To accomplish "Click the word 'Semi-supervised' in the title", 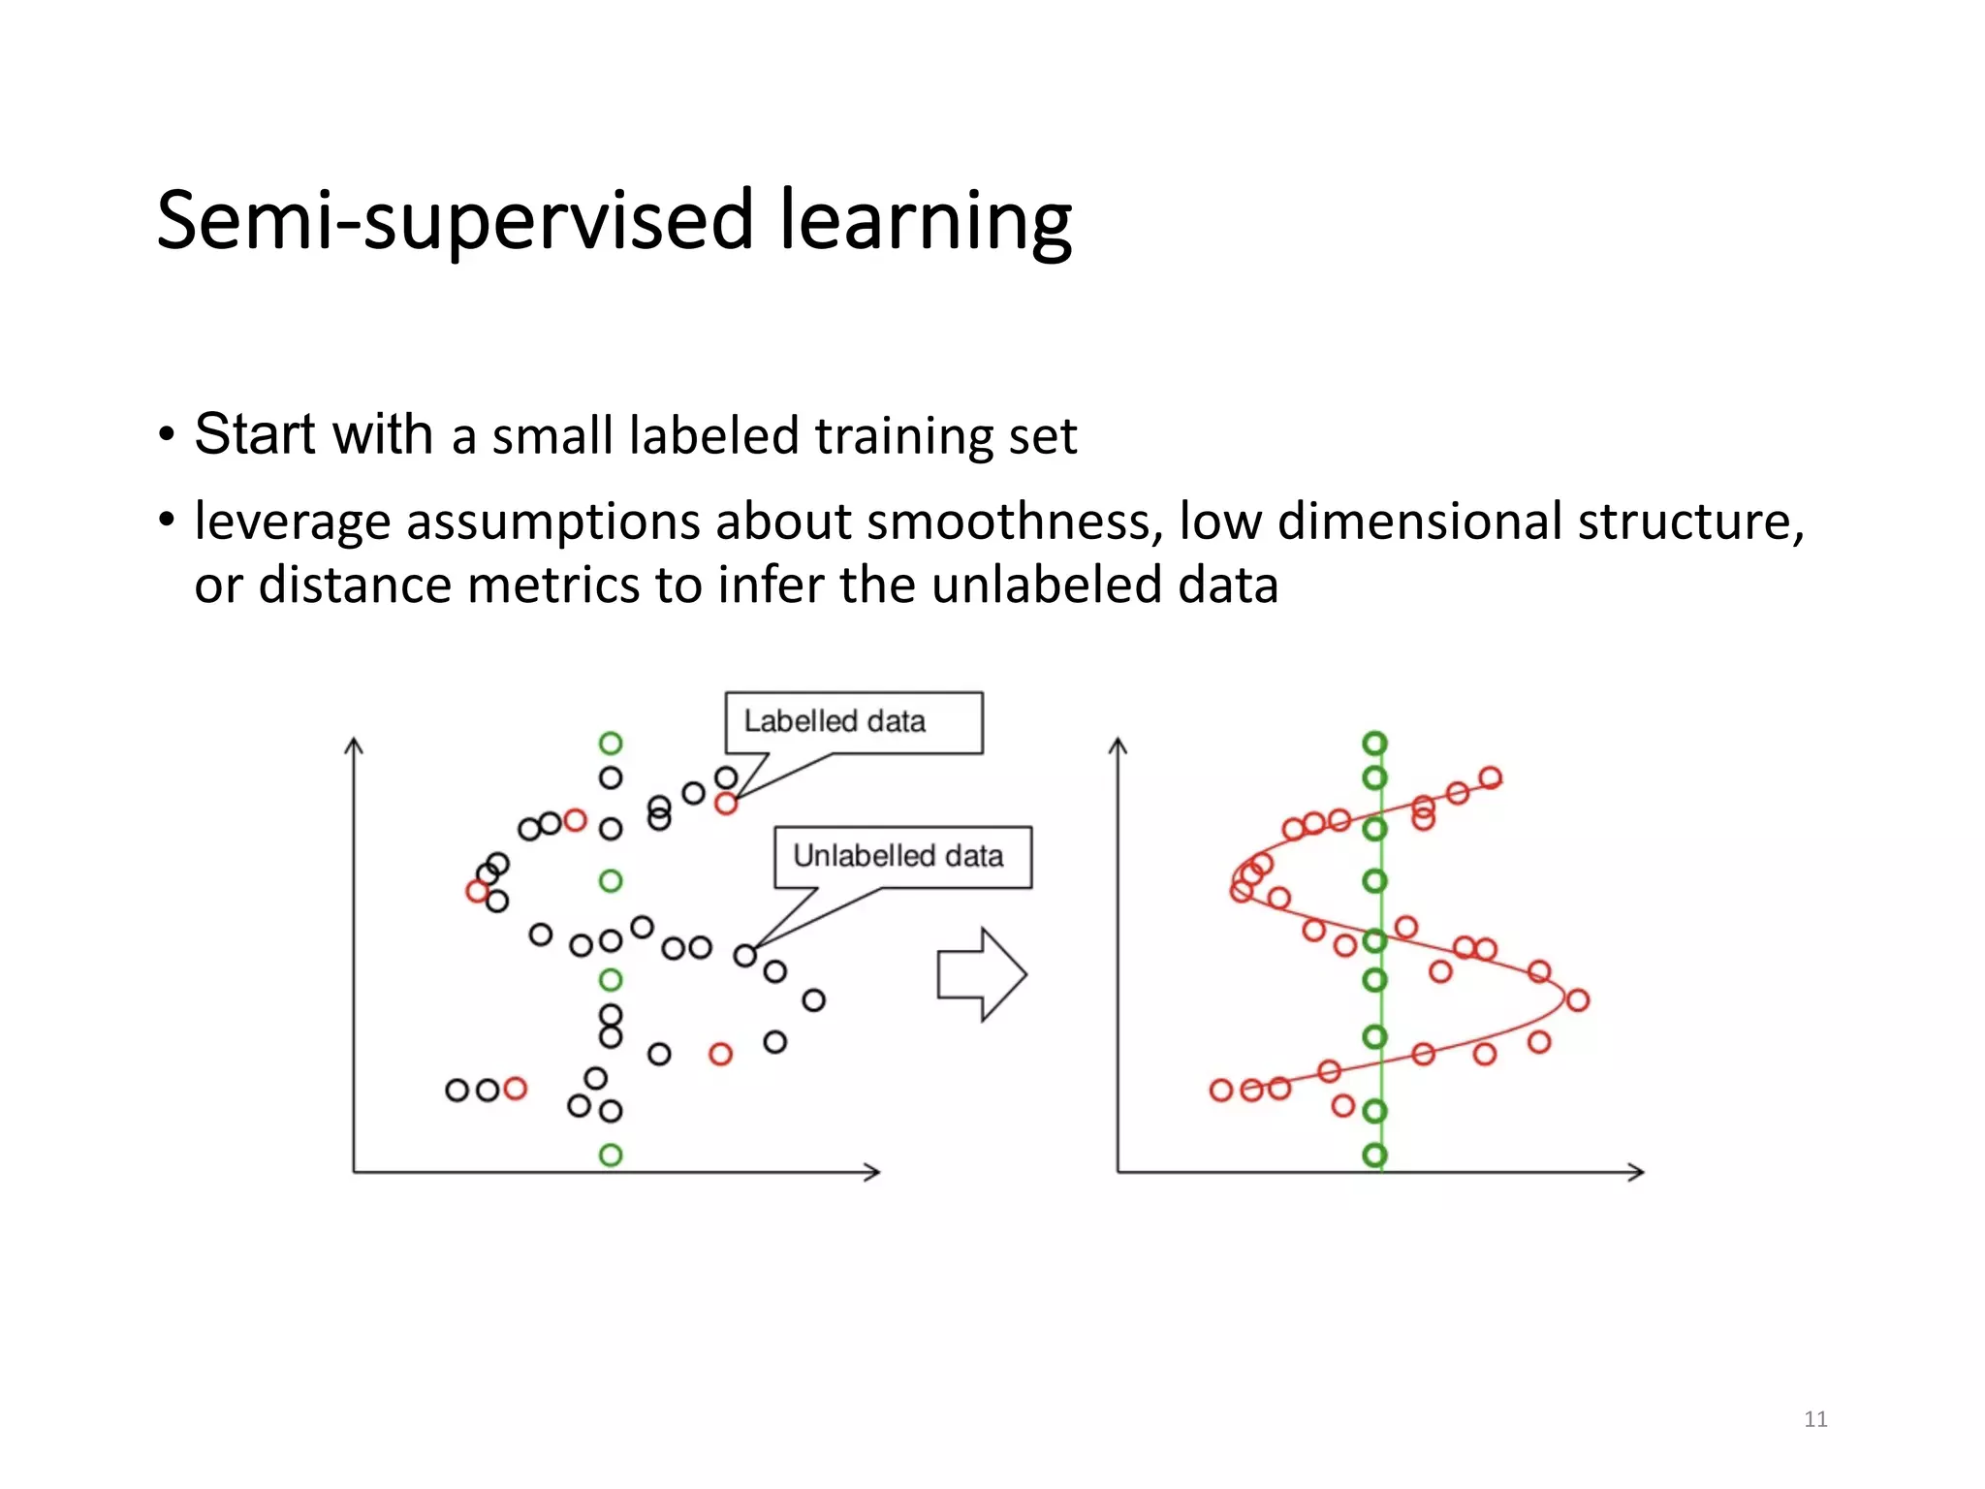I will pos(456,221).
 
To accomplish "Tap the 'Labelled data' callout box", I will pos(853,722).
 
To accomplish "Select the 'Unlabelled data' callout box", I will pos(902,857).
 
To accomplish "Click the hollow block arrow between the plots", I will pos(981,974).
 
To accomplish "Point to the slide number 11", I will pos(1815,1419).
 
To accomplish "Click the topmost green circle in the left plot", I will pos(610,744).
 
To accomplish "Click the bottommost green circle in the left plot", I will pos(611,1155).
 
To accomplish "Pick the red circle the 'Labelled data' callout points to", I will pos(726,803).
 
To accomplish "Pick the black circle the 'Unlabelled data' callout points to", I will pos(744,956).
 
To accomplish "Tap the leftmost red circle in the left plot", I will pos(477,890).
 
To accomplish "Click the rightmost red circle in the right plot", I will pos(1577,999).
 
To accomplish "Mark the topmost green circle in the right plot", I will pos(1374,744).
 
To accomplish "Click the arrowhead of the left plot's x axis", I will pos(872,1172).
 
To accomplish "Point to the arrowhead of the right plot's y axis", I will pos(1118,744).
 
